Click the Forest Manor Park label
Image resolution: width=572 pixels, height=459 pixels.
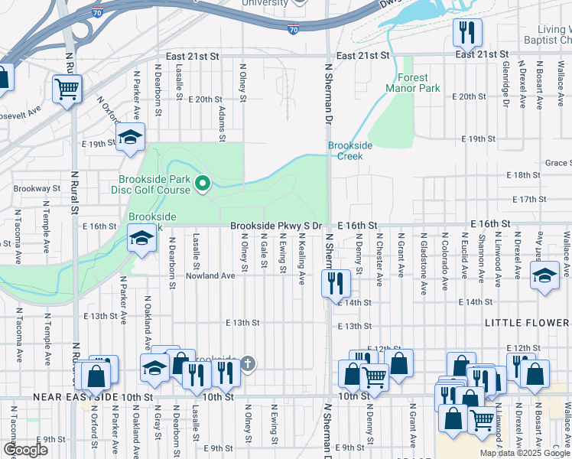(418, 83)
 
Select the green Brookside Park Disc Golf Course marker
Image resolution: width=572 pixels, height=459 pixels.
(203, 183)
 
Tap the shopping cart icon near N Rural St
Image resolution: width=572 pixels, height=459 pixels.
(67, 90)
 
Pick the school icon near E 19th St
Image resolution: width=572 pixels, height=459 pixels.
(130, 138)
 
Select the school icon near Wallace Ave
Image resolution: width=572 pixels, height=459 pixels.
(545, 276)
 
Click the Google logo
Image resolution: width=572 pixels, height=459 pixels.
(26, 449)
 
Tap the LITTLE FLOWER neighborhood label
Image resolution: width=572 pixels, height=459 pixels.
(527, 324)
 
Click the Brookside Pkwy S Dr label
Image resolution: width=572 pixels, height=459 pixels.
(276, 226)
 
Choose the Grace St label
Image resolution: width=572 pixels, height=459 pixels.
(558, 163)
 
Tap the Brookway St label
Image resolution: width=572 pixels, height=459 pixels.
(31, 188)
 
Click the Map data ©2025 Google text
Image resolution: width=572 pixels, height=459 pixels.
(525, 453)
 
